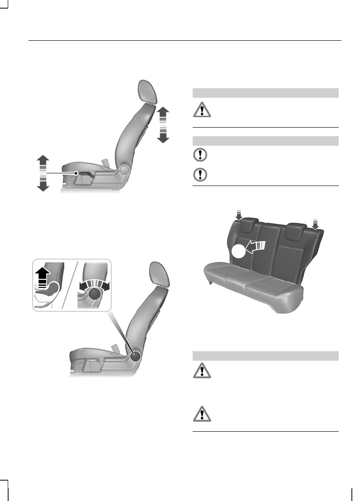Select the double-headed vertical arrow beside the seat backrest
point(163,124)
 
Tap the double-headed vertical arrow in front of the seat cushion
point(42,173)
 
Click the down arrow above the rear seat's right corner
point(316,223)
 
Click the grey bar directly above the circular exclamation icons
point(265,141)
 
